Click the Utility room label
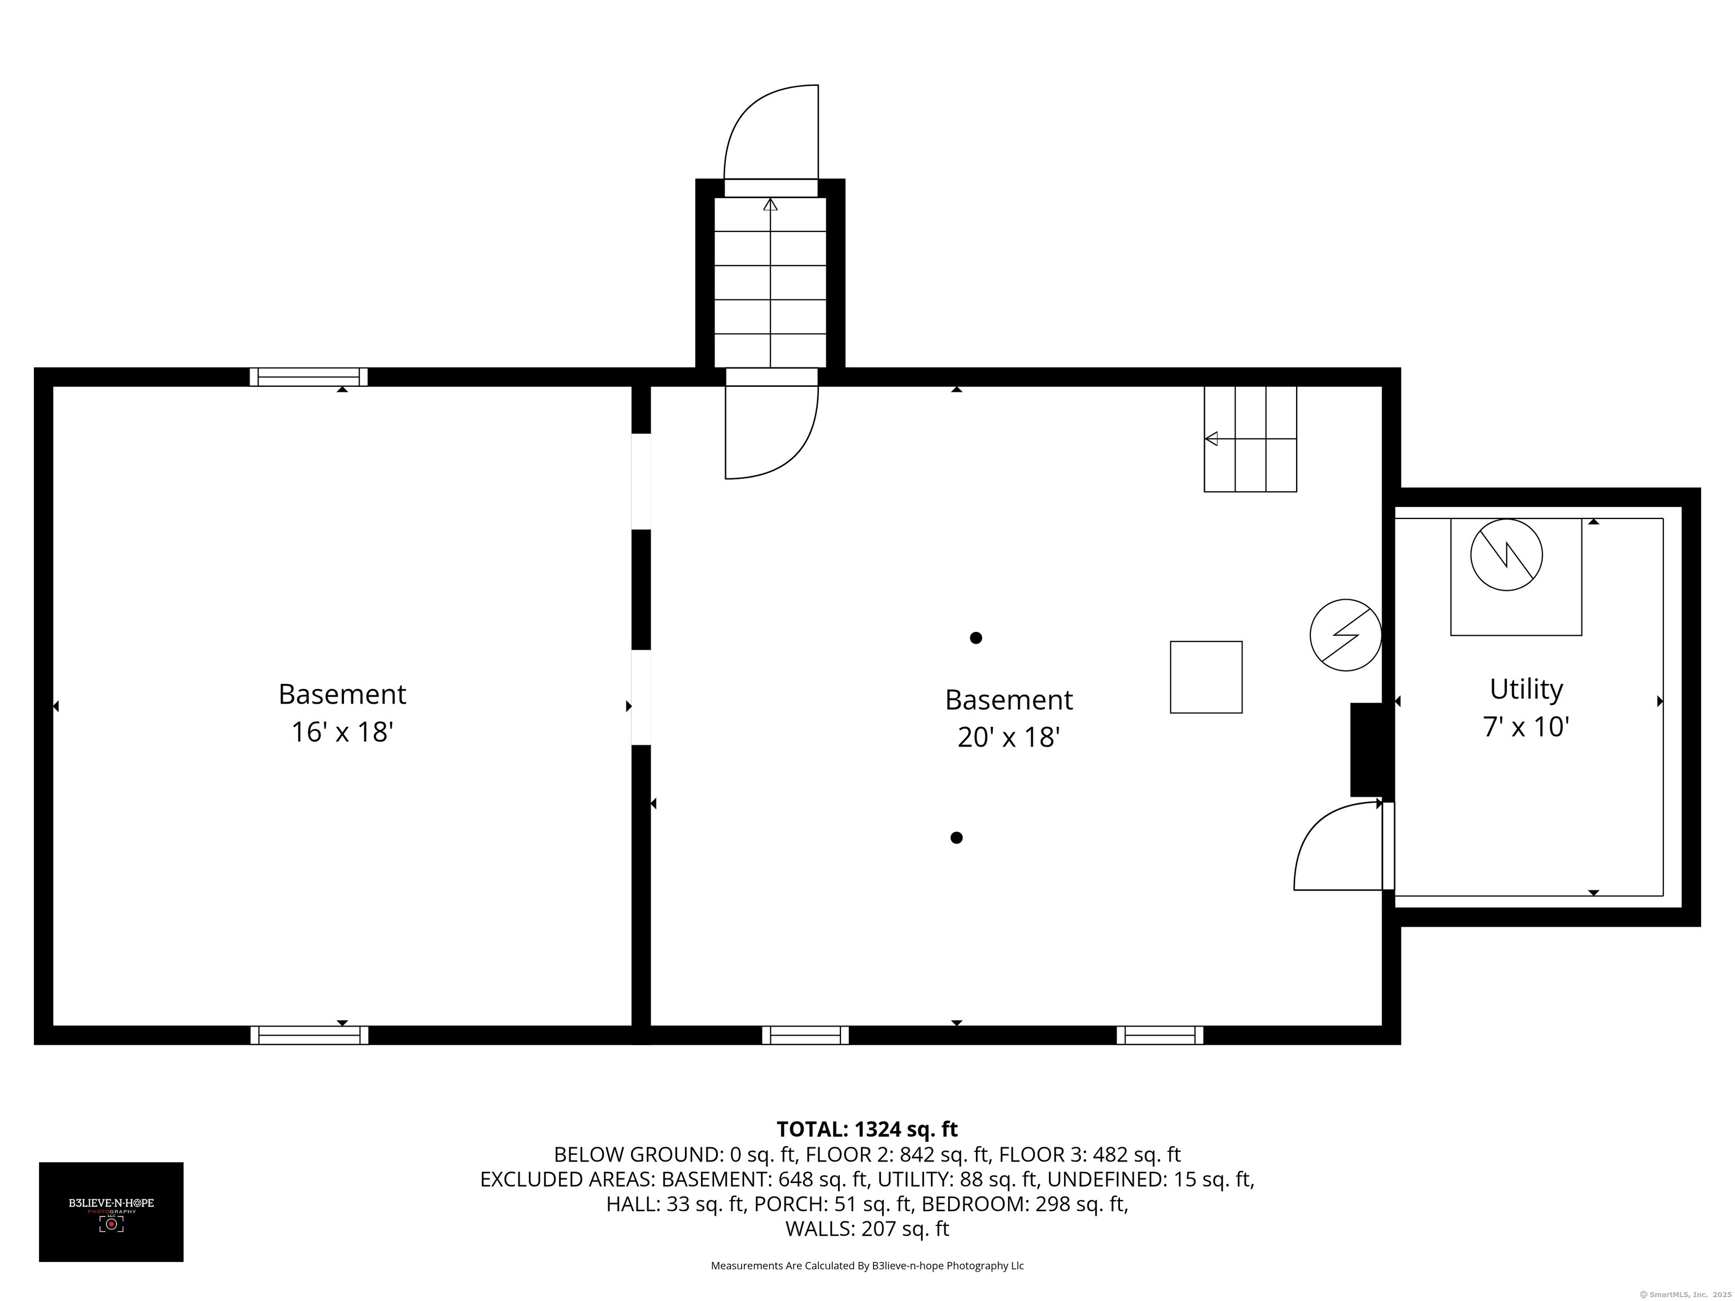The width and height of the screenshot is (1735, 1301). (x=1525, y=689)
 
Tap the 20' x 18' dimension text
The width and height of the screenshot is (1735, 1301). (x=1009, y=737)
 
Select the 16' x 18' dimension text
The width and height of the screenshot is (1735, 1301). (x=342, y=732)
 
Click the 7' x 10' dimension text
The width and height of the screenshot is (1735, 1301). (x=1525, y=727)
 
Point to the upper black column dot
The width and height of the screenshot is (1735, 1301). (x=976, y=638)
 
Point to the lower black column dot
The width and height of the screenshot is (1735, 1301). (x=956, y=837)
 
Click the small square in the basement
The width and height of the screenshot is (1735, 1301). (x=1206, y=677)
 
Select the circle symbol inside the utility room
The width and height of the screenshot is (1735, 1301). (x=1506, y=555)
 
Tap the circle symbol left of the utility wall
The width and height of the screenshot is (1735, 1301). (x=1345, y=635)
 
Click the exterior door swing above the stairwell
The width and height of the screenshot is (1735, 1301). (x=771, y=133)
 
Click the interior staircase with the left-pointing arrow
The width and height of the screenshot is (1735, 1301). (x=1250, y=439)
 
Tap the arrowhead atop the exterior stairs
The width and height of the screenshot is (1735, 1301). (x=770, y=204)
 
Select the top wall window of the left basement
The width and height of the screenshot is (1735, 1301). (x=309, y=377)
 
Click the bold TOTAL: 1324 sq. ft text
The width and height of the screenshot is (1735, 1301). (x=867, y=1129)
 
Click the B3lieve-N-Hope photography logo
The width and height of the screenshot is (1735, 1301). (x=111, y=1212)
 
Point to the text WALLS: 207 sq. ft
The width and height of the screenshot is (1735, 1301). (x=867, y=1229)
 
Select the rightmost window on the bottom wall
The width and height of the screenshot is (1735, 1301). (x=1159, y=1035)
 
